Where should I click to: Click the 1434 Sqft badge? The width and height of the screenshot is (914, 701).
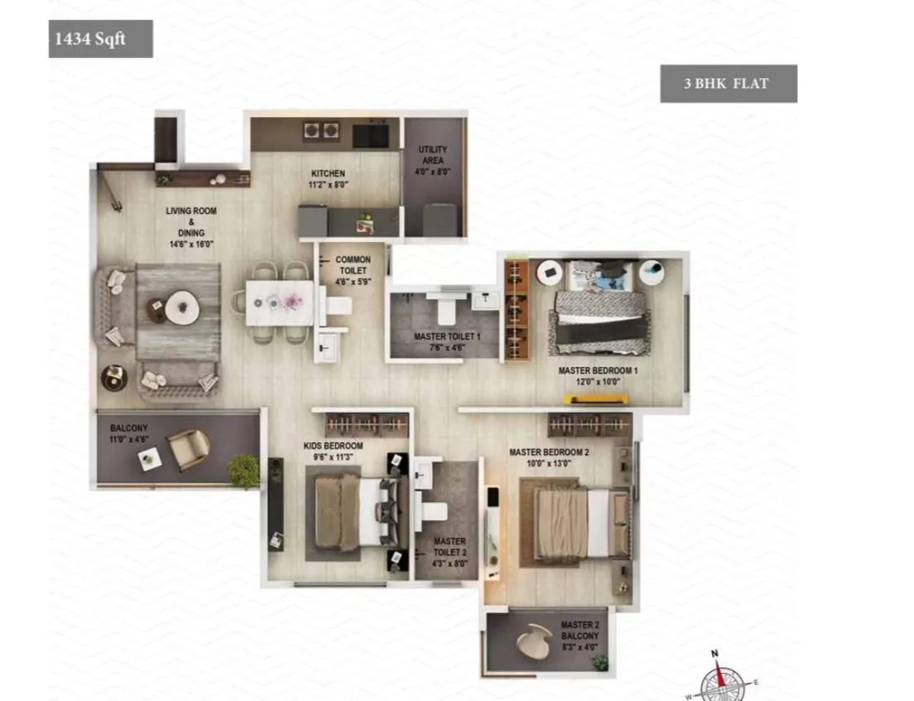tap(100, 38)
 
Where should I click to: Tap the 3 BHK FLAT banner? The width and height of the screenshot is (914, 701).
tap(729, 84)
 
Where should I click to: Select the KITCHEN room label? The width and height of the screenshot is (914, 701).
tap(328, 179)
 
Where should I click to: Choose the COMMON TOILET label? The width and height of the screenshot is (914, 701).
tap(353, 270)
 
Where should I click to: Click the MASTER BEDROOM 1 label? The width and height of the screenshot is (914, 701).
tap(598, 375)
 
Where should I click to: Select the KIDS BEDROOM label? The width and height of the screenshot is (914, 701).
tap(334, 451)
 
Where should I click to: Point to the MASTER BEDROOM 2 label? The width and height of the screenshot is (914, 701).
tap(549, 457)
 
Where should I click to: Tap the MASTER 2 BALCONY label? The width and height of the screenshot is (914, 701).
tap(579, 636)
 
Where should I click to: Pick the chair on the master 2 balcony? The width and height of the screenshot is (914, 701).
tap(535, 638)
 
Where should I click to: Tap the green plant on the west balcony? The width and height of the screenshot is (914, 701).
tap(243, 470)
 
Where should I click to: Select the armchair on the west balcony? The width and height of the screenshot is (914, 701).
tap(188, 449)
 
